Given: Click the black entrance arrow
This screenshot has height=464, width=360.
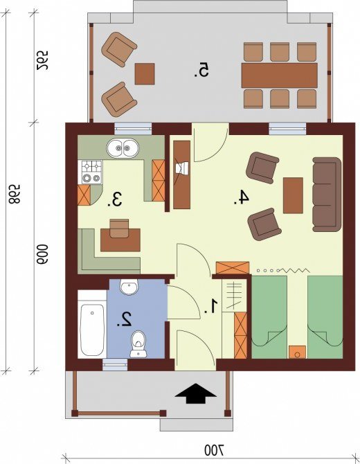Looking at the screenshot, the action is (195, 393).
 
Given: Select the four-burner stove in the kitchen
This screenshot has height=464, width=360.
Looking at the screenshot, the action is (91, 172).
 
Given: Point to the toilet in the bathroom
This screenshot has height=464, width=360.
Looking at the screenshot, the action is (138, 344).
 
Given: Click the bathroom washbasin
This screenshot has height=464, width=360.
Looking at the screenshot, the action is (129, 287).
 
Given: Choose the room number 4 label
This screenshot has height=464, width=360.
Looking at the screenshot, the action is (241, 197).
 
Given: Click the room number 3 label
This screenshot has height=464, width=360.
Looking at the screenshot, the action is (115, 199).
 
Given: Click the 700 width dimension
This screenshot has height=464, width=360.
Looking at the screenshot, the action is (215, 451).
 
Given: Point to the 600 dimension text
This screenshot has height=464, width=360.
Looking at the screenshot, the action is (42, 254).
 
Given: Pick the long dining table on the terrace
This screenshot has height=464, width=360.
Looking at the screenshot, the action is (279, 75).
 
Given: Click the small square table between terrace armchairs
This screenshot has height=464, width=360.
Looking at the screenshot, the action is (145, 73).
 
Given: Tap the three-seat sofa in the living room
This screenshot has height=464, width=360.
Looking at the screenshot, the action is (327, 194).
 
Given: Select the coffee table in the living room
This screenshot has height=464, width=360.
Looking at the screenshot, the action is (293, 195).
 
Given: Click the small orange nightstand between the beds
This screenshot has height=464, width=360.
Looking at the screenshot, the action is (297, 352).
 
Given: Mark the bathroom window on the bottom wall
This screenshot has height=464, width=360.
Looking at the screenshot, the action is (115, 364).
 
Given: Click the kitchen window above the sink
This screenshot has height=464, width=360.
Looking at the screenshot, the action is (133, 129).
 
